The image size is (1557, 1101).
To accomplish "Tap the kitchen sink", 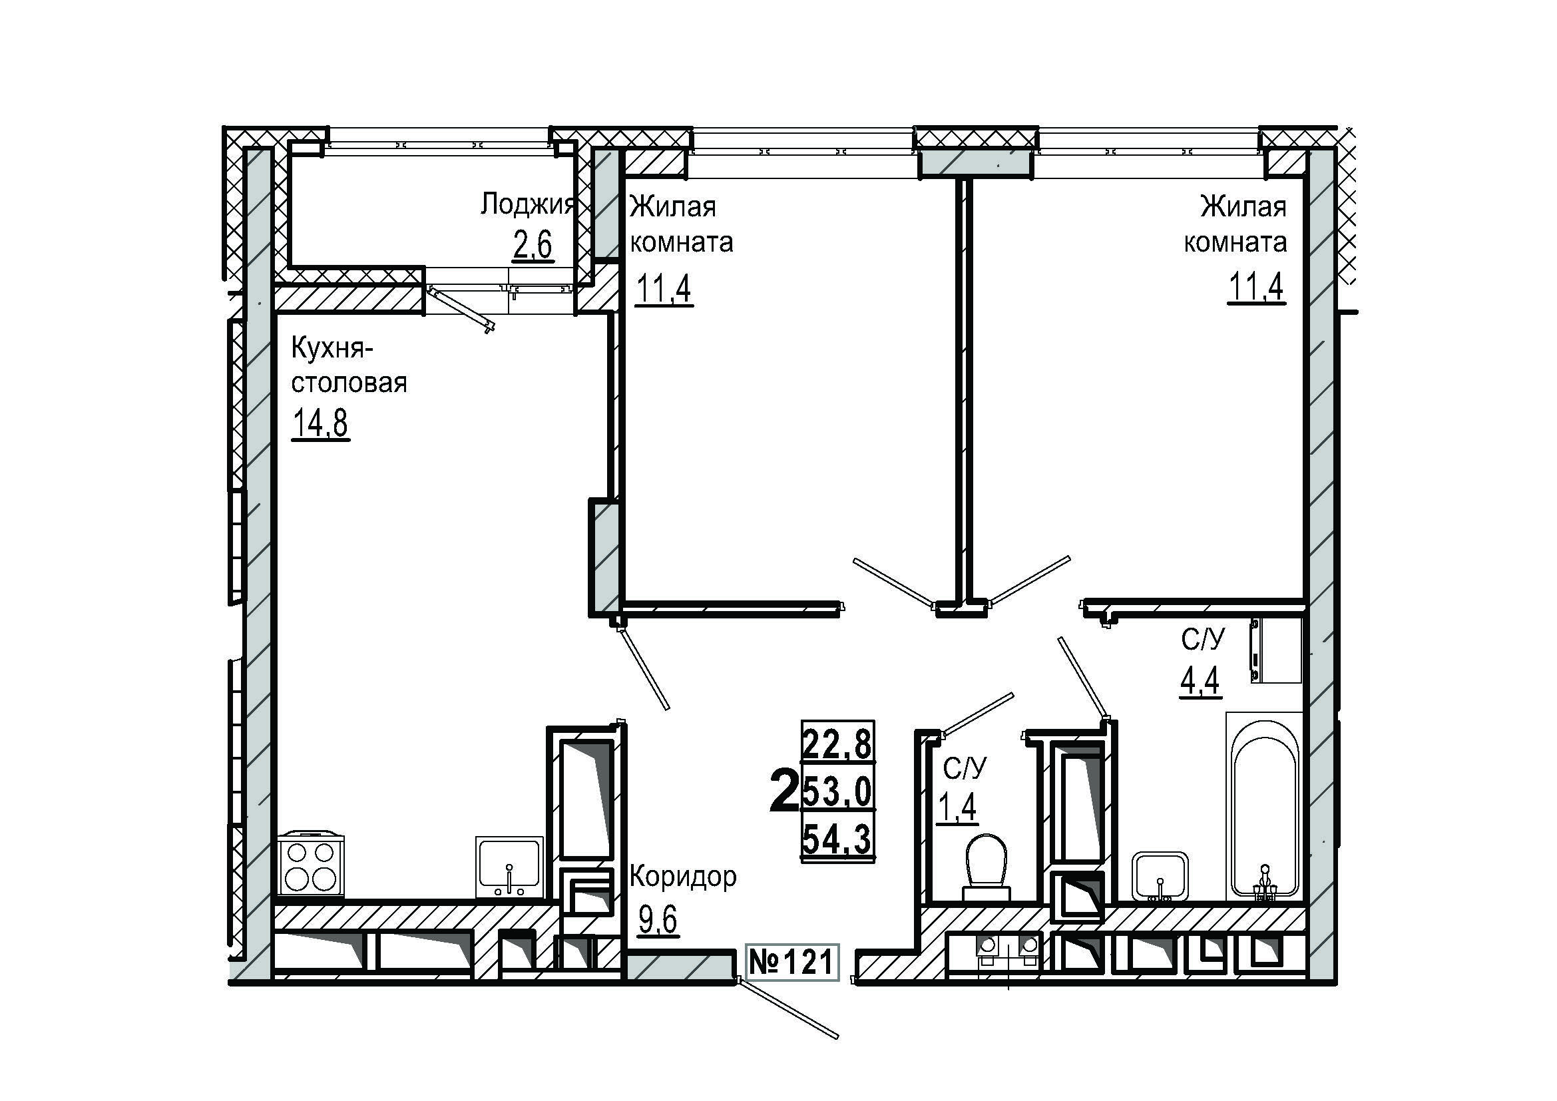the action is tap(509, 867).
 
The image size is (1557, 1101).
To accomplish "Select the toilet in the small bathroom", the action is tap(987, 867).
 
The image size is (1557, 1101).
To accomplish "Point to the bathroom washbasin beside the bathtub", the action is tap(1160, 876).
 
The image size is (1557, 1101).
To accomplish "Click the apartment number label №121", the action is tap(792, 962).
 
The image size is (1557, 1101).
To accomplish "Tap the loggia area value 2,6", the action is tap(533, 245).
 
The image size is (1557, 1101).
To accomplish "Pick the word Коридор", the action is tap(683, 877).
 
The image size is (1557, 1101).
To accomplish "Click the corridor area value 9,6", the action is tap(658, 921).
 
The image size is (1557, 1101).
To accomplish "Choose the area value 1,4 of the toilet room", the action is tap(957, 806).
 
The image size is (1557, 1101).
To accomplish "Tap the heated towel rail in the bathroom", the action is tap(1255, 650).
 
